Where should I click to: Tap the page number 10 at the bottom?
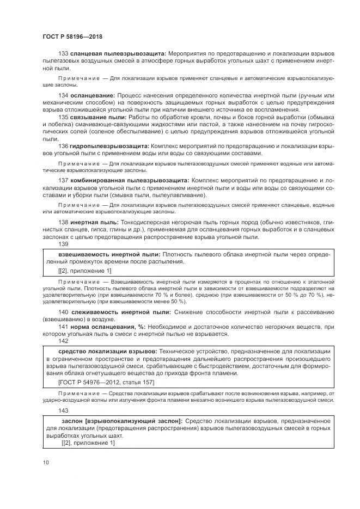(x=46, y=462)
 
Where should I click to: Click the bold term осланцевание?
(x=92, y=95)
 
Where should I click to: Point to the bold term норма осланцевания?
(x=101, y=326)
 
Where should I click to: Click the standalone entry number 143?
(x=63, y=410)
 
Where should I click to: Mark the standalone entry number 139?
(x=63, y=244)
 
